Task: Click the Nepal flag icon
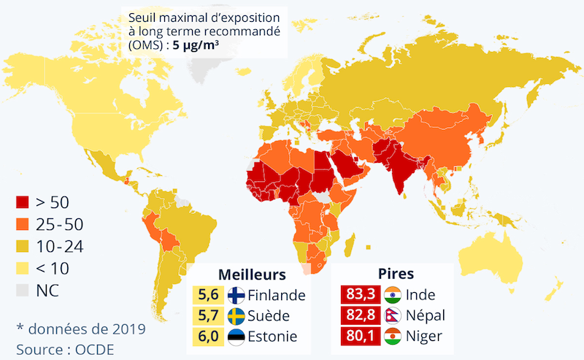(393, 316)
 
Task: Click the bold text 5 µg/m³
(196, 45)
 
